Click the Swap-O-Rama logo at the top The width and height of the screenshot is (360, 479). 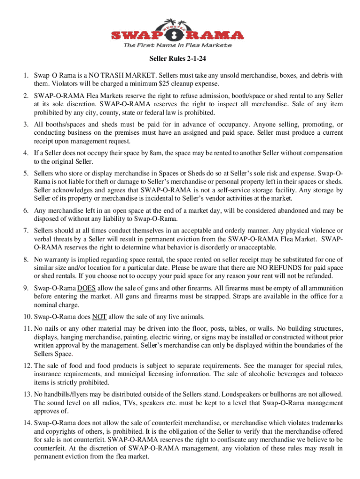177,30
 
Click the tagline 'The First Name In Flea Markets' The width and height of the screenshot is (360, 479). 177,45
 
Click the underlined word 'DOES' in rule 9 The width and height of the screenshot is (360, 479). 86,287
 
